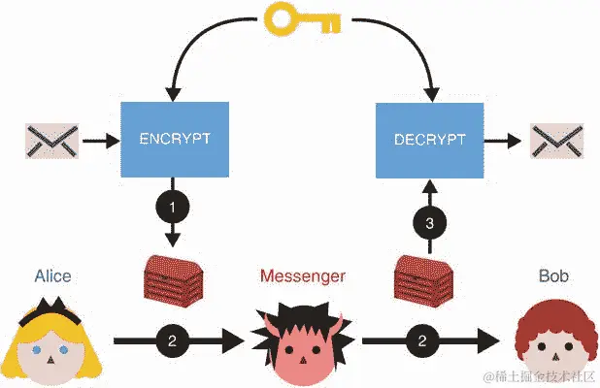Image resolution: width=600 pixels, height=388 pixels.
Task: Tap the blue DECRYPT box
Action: click(x=428, y=139)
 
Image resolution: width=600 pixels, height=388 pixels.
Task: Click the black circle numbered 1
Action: click(x=174, y=206)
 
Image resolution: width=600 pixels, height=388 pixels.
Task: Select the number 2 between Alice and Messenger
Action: click(x=172, y=340)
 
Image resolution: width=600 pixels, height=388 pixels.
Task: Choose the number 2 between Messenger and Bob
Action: click(x=422, y=340)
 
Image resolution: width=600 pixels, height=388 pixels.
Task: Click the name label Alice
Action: click(x=51, y=277)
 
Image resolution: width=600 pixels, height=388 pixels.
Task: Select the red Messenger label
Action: click(x=302, y=277)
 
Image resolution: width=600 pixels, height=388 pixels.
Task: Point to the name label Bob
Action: click(x=553, y=277)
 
